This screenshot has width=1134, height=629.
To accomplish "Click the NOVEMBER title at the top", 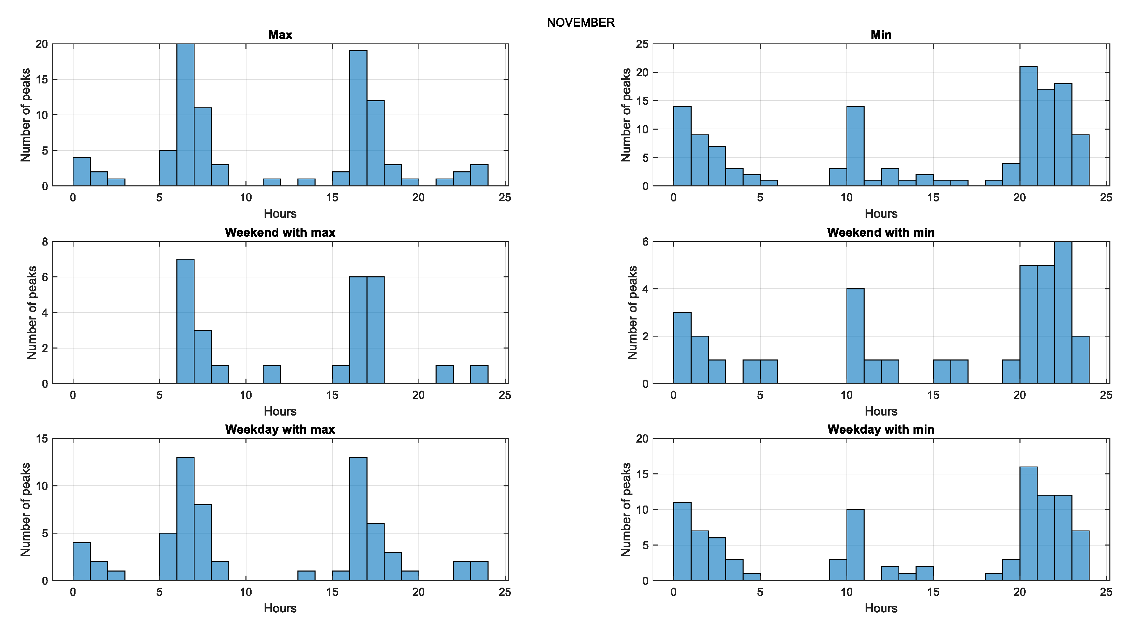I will [580, 23].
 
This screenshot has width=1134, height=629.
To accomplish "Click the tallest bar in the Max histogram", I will [185, 115].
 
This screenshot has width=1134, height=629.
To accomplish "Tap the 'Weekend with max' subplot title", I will [280, 233].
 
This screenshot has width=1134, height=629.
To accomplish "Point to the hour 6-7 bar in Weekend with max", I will [185, 322].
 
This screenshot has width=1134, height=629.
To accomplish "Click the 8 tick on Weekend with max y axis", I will [45, 242].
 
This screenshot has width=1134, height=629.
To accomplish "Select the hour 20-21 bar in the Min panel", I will [1028, 127].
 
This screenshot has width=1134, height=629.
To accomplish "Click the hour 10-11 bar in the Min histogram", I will [855, 146].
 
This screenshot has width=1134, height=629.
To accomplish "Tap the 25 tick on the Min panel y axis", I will [642, 44].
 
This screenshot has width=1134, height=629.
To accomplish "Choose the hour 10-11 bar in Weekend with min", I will [855, 336].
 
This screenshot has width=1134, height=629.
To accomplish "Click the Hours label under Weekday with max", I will [280, 608].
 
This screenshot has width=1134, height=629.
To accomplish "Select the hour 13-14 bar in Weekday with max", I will [306, 576].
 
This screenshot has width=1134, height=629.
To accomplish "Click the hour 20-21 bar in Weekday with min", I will [1028, 524].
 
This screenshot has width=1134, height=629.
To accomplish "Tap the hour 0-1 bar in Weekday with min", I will [682, 541].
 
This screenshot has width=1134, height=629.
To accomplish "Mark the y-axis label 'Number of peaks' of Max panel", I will [26, 115].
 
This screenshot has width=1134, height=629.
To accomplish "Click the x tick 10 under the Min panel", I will [846, 198].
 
